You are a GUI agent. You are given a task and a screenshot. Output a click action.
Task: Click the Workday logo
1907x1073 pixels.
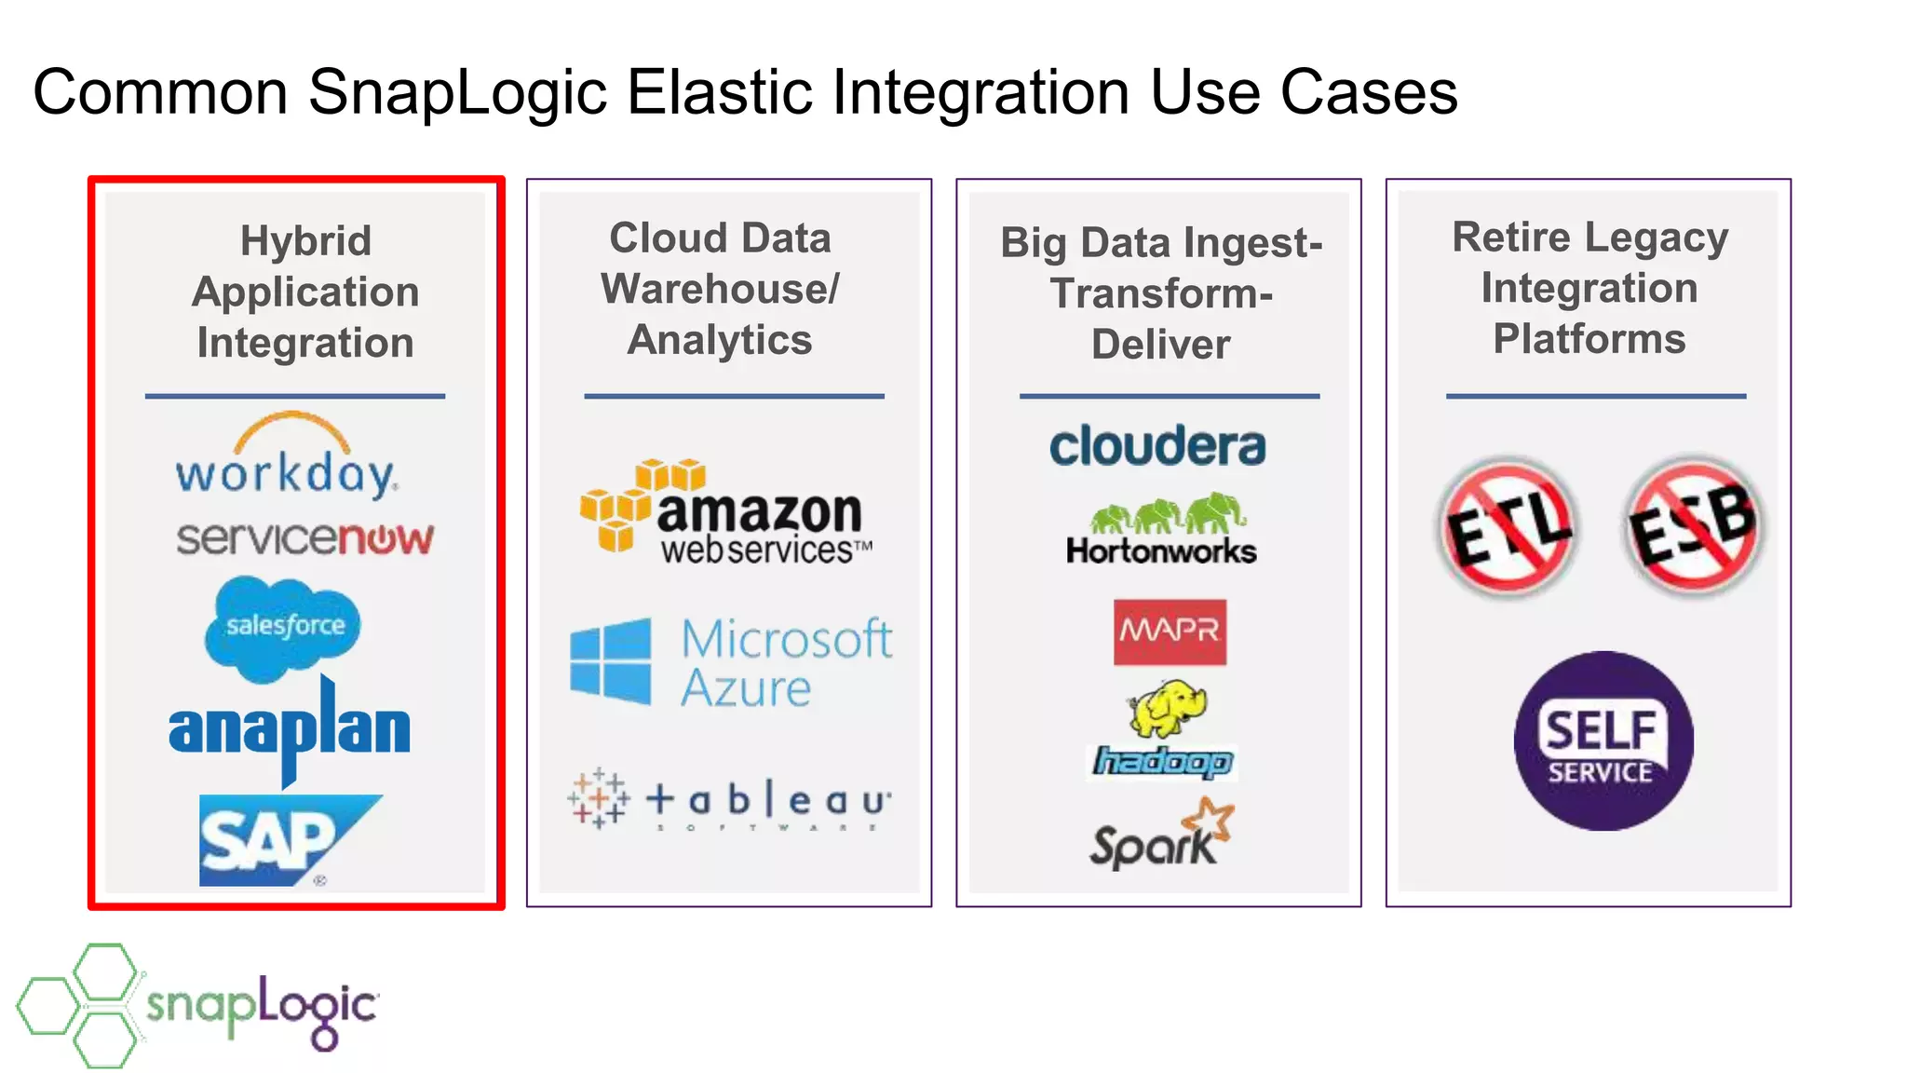tap(287, 458)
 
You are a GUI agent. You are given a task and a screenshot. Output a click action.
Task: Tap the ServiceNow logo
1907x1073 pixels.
tap(305, 538)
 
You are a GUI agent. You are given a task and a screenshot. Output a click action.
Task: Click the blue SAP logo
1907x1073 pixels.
tap(279, 839)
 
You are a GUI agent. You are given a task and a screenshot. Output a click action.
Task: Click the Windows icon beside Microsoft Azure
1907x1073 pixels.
tap(611, 660)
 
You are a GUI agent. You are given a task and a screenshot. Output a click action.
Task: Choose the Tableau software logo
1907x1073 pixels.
tap(729, 800)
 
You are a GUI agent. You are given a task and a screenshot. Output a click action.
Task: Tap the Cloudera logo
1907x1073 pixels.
tap(1157, 446)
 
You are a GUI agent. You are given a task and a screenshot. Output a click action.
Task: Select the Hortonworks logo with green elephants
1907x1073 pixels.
tap(1162, 530)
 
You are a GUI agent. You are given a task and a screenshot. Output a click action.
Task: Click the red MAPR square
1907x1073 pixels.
tap(1170, 632)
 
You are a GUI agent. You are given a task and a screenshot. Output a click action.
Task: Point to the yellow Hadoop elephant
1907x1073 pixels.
tap(1166, 708)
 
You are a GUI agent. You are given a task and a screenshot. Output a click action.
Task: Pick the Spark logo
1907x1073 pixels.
tap(1161, 835)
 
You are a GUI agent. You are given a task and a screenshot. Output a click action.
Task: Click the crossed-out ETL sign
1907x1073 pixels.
tap(1508, 527)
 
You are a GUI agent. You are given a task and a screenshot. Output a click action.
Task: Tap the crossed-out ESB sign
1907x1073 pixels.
tap(1694, 527)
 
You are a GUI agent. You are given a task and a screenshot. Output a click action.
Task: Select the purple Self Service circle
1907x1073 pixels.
tap(1603, 740)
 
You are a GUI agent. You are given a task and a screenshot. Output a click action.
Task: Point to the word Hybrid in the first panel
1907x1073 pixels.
tap(305, 241)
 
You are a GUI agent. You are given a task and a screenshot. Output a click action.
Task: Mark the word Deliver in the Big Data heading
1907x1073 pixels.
tap(1160, 345)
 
